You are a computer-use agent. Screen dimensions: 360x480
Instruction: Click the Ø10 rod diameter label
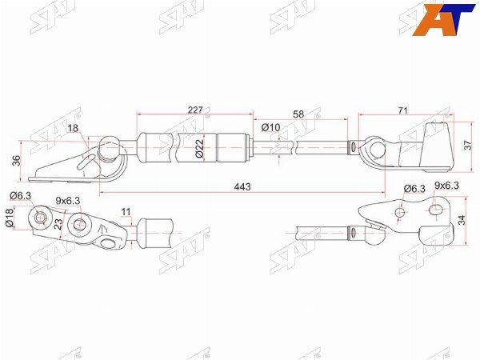(x=270, y=126)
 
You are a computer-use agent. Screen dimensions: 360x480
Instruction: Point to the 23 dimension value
(x=58, y=225)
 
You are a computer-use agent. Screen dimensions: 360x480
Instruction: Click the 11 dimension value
(x=126, y=212)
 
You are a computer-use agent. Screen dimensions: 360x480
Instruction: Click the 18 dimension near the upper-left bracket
(x=74, y=128)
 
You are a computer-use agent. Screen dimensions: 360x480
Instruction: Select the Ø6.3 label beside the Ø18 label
(x=21, y=196)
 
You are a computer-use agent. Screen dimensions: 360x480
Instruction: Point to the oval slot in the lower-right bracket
(x=436, y=210)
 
